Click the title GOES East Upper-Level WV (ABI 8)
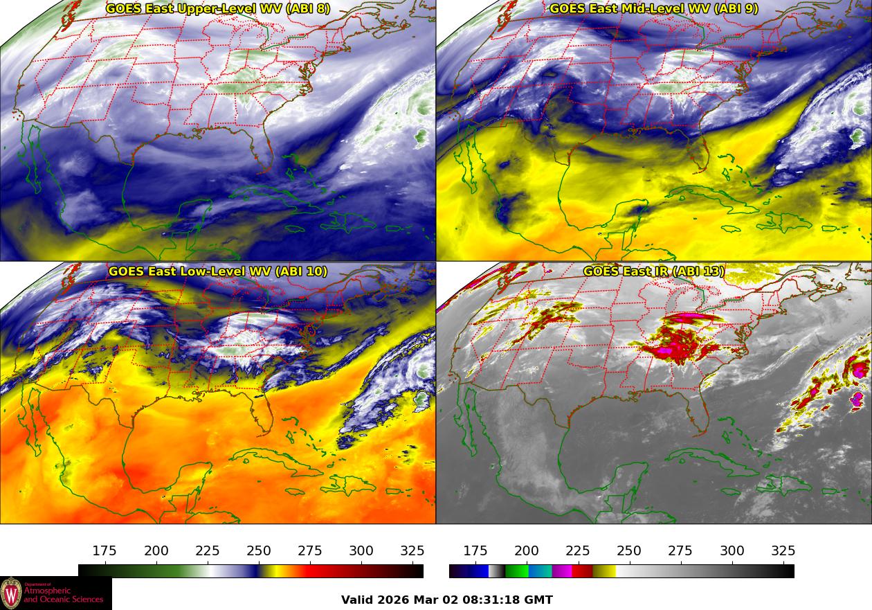[218, 9]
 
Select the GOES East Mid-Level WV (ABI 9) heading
[653, 9]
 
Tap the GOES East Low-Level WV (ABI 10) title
[218, 271]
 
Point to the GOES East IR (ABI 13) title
[653, 271]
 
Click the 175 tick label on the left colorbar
[105, 551]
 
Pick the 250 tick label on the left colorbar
[259, 551]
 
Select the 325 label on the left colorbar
[412, 551]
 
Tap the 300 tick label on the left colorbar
[361, 551]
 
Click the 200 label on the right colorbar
[527, 551]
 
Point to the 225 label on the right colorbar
[578, 551]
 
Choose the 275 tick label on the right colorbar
[680, 551]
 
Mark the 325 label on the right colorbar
[783, 551]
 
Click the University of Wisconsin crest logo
[11, 593]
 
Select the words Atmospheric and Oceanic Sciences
[64, 595]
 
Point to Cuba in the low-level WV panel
[277, 463]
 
